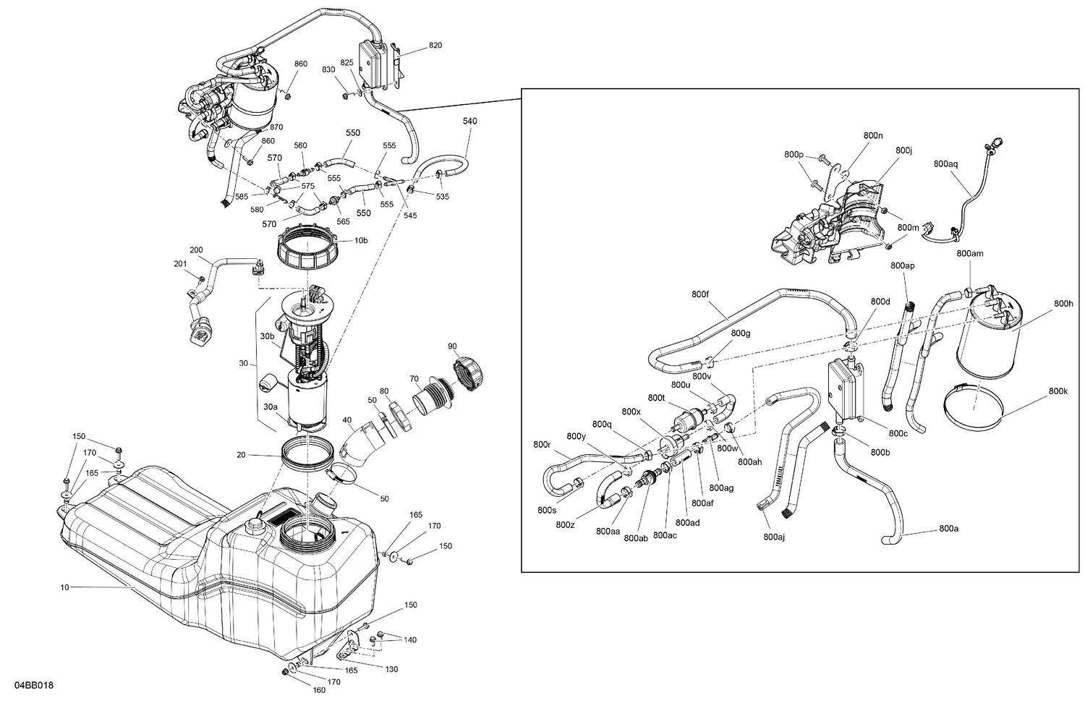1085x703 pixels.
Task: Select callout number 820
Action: pos(435,46)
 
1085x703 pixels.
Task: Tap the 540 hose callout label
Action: pos(470,122)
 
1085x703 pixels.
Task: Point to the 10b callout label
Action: pos(360,241)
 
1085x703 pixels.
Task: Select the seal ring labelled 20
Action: pos(307,453)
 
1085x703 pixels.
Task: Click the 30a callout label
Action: pos(270,407)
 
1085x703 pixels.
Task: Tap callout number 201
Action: pos(180,263)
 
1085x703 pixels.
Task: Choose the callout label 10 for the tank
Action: pos(64,588)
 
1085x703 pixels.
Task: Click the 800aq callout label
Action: pos(945,164)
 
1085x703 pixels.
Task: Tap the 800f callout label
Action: pos(700,294)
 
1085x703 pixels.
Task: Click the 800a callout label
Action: pos(948,529)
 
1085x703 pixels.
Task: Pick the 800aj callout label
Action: pos(773,537)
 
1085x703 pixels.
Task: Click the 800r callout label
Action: pos(542,445)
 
